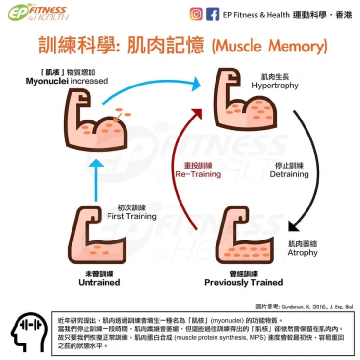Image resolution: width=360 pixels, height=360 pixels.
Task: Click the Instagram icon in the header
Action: click(197, 14)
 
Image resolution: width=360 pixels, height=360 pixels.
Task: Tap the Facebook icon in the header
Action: click(213, 14)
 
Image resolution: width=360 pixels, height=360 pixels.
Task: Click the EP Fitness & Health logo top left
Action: click(38, 13)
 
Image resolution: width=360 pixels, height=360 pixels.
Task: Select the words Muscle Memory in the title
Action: click(269, 47)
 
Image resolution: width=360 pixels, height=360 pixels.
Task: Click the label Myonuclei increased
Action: click(67, 81)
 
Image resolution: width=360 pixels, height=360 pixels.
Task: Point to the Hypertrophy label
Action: click(275, 86)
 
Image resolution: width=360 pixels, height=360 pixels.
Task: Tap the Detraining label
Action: click(289, 174)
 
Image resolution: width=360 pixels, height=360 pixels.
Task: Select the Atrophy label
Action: click(303, 252)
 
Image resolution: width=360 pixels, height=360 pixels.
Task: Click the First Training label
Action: click(131, 216)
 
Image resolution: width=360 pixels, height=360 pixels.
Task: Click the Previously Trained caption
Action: click(243, 282)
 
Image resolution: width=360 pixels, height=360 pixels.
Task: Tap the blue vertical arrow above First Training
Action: click(97, 180)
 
